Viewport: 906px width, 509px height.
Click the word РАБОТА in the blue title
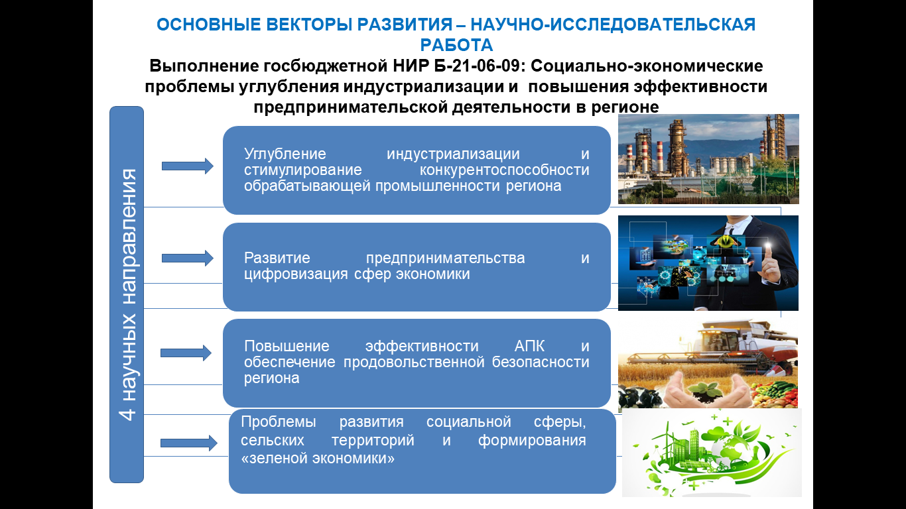456,45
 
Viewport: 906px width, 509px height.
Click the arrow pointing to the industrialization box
187,166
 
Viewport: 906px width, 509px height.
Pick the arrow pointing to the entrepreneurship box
187,258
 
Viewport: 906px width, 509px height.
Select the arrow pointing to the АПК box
186,353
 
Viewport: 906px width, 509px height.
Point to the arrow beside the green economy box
189,443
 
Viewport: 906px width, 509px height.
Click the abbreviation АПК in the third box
529,346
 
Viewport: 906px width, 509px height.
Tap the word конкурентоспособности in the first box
504,170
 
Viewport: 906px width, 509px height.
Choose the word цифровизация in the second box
296,274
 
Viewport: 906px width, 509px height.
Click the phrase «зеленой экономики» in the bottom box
318,459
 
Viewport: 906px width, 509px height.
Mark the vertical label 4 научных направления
128,294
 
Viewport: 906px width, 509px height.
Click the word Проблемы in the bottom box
279,422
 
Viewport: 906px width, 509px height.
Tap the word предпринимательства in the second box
445,258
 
